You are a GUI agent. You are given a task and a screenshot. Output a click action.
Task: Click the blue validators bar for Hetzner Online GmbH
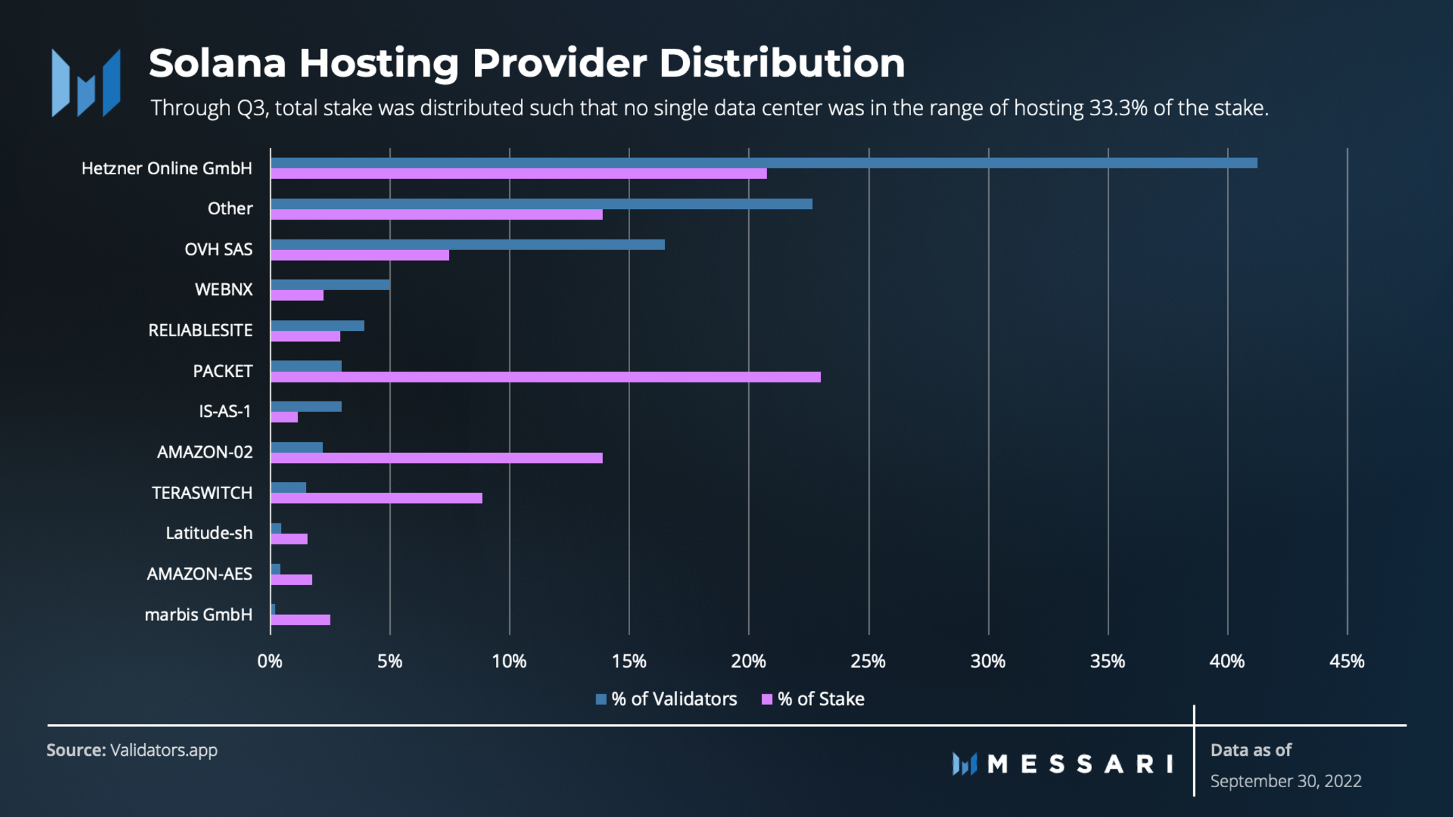763,163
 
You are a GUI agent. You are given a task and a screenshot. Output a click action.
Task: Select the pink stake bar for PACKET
545,377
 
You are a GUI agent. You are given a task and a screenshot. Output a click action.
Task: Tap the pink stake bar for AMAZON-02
436,458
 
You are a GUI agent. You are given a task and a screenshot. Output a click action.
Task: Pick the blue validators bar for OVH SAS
467,245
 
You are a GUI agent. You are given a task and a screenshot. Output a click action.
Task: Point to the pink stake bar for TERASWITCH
376,498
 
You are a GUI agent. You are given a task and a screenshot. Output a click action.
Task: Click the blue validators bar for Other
541,204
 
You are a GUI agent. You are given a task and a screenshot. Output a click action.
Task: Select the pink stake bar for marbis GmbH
301,620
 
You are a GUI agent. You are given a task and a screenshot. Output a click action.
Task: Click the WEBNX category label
223,290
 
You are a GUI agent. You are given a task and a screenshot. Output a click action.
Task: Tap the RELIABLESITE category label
200,330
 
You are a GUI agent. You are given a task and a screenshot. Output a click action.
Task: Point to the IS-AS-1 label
225,412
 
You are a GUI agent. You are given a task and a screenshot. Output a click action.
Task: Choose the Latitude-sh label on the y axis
209,533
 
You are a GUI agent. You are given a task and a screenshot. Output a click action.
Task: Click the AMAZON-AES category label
199,574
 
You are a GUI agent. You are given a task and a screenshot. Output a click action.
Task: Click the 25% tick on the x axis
868,661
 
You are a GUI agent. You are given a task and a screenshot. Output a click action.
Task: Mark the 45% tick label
1347,661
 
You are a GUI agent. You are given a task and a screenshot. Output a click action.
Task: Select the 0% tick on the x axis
270,661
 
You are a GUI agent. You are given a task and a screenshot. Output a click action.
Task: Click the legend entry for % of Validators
666,699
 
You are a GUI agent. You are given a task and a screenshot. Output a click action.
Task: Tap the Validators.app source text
163,750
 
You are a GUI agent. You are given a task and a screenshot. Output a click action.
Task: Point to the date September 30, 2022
1285,781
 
